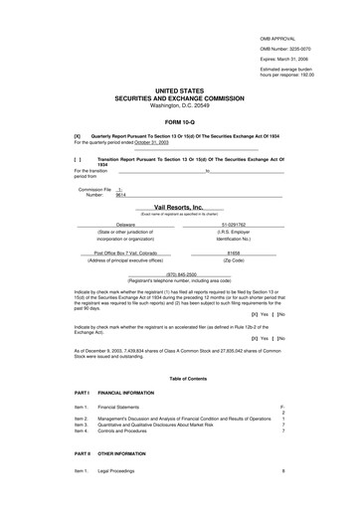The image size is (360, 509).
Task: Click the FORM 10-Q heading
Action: coord(180,121)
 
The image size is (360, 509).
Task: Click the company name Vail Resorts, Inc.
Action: coord(180,207)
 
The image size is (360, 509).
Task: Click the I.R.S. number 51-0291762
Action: coord(236,225)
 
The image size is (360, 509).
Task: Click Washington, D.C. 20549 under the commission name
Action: coord(180,105)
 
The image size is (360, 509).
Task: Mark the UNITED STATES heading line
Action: coord(180,90)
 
